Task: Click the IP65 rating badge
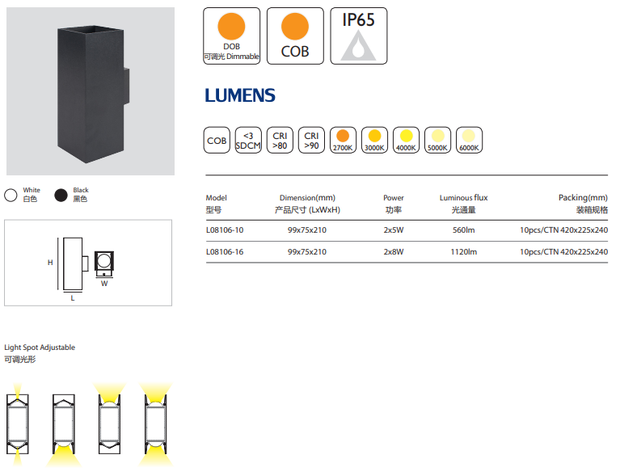pyautogui.click(x=358, y=36)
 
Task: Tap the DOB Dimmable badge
pyautogui.click(x=231, y=36)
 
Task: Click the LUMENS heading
pyautogui.click(x=240, y=95)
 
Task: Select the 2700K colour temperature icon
pyautogui.click(x=343, y=140)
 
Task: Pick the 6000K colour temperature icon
pyautogui.click(x=469, y=140)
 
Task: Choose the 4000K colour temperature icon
pyautogui.click(x=406, y=140)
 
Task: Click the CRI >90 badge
pyautogui.click(x=311, y=140)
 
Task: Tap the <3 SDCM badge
pyautogui.click(x=248, y=140)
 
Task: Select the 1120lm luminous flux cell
pyautogui.click(x=463, y=252)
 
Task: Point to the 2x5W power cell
pyautogui.click(x=393, y=230)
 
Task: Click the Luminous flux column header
pyautogui.click(x=463, y=198)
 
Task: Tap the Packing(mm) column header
pyautogui.click(x=583, y=198)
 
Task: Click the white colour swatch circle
pyautogui.click(x=11, y=195)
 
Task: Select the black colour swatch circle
pyautogui.click(x=60, y=195)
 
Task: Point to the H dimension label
pyautogui.click(x=49, y=263)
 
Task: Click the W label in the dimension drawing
pyautogui.click(x=104, y=284)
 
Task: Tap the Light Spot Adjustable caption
pyautogui.click(x=40, y=348)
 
